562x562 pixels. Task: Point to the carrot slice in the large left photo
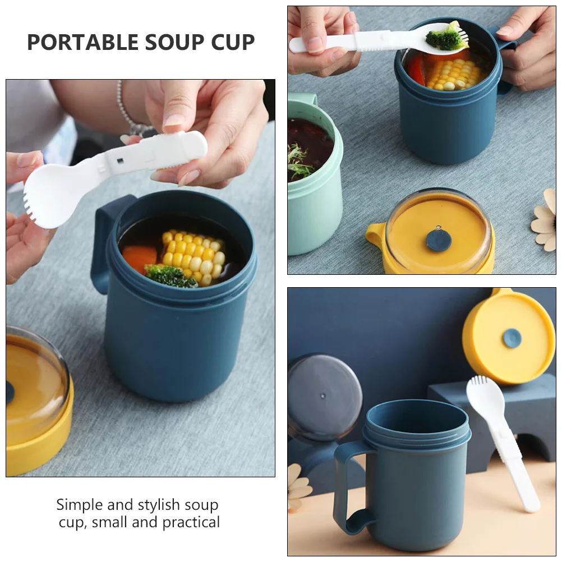tap(139, 257)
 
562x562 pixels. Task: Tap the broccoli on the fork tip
tap(445, 38)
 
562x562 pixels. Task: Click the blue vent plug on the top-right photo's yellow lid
tap(439, 239)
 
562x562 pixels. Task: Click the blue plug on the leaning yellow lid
tap(512, 338)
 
